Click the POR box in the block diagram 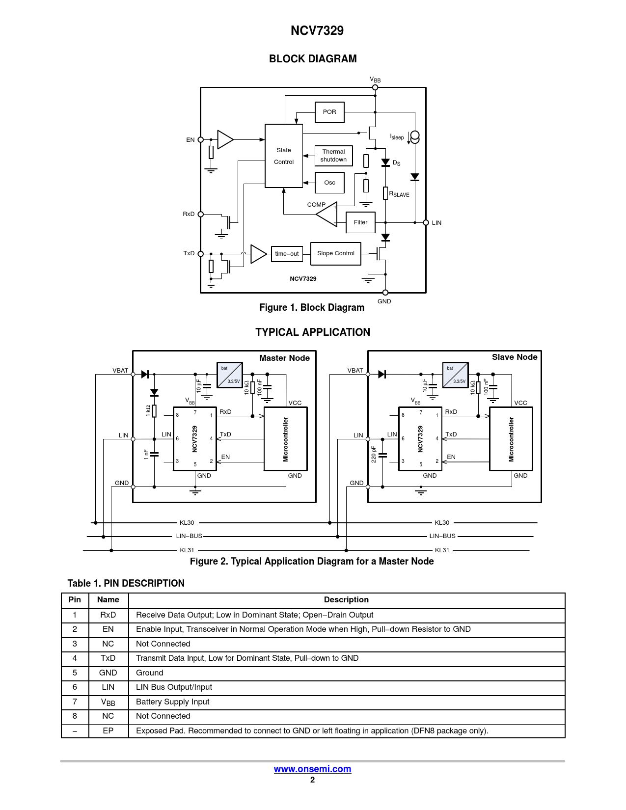point(329,112)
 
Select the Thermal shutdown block point(333,156)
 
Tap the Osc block point(329,183)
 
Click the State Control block point(283,156)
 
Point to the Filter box point(360,222)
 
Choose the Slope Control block point(335,253)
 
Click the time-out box point(287,254)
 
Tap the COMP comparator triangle point(327,215)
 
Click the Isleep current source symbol point(414,137)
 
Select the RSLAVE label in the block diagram point(399,194)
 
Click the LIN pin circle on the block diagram point(426,222)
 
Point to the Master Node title point(284,358)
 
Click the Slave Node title point(515,357)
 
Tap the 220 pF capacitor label point(374,455)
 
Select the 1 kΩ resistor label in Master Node point(148,411)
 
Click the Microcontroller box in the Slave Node point(511,439)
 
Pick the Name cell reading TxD point(108,658)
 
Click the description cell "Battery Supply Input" point(173,702)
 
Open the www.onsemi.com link point(312,769)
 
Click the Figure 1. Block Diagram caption point(312,307)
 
